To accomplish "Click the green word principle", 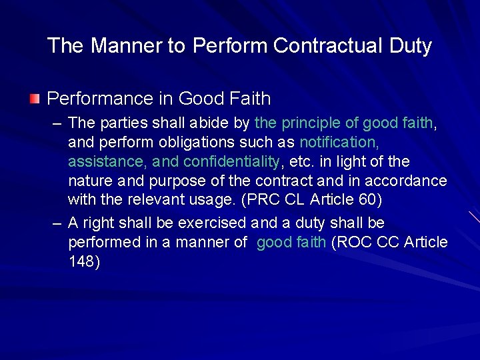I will coord(307,123).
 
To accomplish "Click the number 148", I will coord(84,262).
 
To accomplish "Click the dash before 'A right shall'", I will coord(57,223).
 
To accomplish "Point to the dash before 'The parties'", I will coord(57,123).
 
